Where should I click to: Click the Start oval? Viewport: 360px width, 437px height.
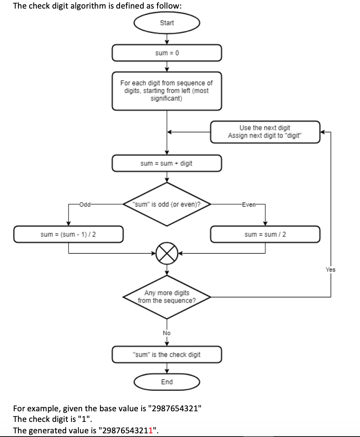point(167,23)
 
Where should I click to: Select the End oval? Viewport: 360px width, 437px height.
point(167,382)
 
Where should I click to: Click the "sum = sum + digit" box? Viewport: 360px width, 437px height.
point(167,163)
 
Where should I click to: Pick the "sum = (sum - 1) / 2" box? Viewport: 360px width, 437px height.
point(68,234)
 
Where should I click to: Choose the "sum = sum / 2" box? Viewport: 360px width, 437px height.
point(265,234)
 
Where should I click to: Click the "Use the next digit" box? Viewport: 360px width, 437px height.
point(265,132)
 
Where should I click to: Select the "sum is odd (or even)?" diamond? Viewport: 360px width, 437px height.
point(167,204)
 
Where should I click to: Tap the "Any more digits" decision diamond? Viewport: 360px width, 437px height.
point(167,297)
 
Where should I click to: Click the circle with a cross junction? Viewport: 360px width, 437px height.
point(167,253)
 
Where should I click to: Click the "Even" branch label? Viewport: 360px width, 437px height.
point(248,204)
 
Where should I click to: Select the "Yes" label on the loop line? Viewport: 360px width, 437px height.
point(330,270)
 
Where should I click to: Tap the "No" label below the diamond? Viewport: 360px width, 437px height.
point(167,333)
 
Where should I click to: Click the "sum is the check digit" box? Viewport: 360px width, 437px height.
point(167,355)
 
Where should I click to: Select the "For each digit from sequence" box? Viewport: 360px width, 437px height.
point(167,91)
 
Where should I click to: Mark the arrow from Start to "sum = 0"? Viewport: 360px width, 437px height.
point(167,39)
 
